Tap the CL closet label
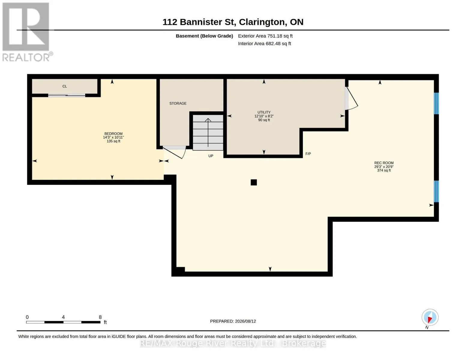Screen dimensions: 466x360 click(65, 86)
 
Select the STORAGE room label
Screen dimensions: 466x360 click(178, 103)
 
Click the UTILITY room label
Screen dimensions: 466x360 click(264, 112)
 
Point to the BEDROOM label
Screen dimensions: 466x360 click(113, 133)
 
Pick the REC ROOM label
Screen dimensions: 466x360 click(384, 163)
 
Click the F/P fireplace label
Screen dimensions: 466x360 click(308, 154)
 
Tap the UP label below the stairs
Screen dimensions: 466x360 click(211, 156)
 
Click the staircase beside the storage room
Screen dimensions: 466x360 click(208, 133)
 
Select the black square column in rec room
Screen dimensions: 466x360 click(254, 182)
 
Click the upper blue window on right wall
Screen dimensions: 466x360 click(436, 103)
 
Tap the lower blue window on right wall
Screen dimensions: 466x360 click(436, 191)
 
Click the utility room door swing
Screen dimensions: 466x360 click(352, 98)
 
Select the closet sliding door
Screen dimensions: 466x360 click(67, 95)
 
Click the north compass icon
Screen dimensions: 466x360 click(430, 317)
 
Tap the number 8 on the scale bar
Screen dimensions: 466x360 click(100, 317)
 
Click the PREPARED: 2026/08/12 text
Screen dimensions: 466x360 click(233, 321)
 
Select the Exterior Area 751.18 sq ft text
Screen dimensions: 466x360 click(265, 36)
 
